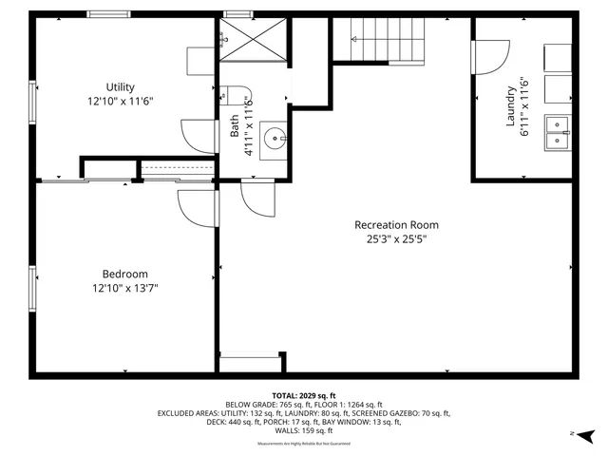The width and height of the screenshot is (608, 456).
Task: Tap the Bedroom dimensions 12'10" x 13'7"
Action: pos(124,288)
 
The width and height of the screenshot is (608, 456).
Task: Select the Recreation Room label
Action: pos(396,225)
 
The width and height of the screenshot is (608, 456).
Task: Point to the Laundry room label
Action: pos(510,105)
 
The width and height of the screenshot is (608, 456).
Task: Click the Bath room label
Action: pos(235,126)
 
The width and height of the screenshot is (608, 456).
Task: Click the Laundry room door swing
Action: pos(493,59)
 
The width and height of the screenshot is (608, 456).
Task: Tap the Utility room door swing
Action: pos(200,136)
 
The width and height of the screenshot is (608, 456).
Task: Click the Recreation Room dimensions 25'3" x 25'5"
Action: pos(396,239)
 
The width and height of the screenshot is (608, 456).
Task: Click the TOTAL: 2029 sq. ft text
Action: pos(304,395)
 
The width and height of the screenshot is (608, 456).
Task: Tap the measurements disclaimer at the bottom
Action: pos(304,443)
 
